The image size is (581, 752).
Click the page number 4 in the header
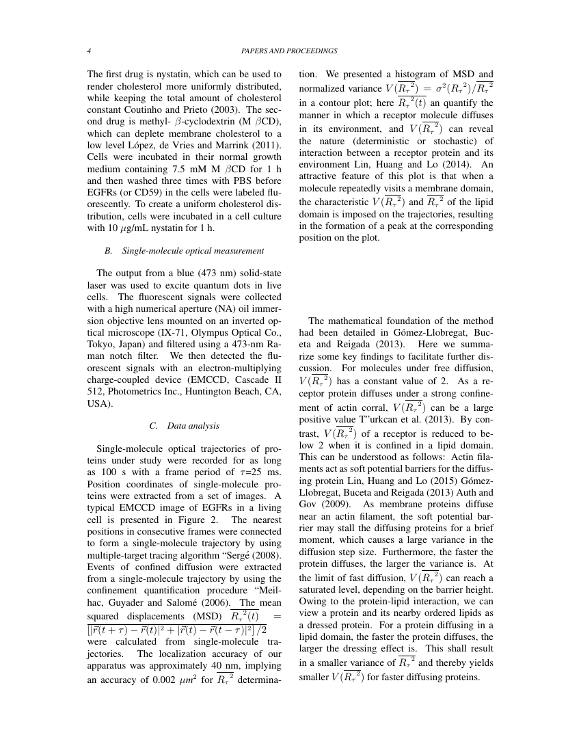[90, 51]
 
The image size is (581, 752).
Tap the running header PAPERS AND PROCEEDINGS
[290, 51]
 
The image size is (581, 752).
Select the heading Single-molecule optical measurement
[193, 251]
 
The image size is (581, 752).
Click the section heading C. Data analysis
[184, 425]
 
